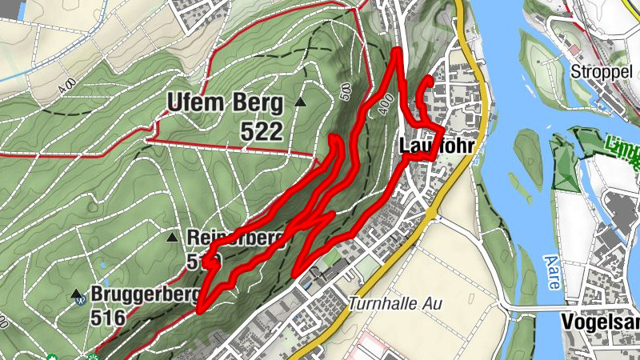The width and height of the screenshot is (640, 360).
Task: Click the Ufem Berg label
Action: (225, 103)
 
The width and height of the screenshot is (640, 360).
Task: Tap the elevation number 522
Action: (262, 131)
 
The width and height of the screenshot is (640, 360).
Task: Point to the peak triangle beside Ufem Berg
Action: (300, 102)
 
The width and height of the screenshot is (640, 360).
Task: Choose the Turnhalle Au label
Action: (394, 305)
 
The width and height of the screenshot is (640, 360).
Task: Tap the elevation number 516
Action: (108, 318)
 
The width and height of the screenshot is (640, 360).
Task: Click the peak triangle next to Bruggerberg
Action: (77, 294)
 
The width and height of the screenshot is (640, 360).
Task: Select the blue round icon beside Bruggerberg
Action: (80, 302)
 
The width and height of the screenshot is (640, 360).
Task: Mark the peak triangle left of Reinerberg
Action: (172, 238)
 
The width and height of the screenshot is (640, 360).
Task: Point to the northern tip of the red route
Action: (398, 52)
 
